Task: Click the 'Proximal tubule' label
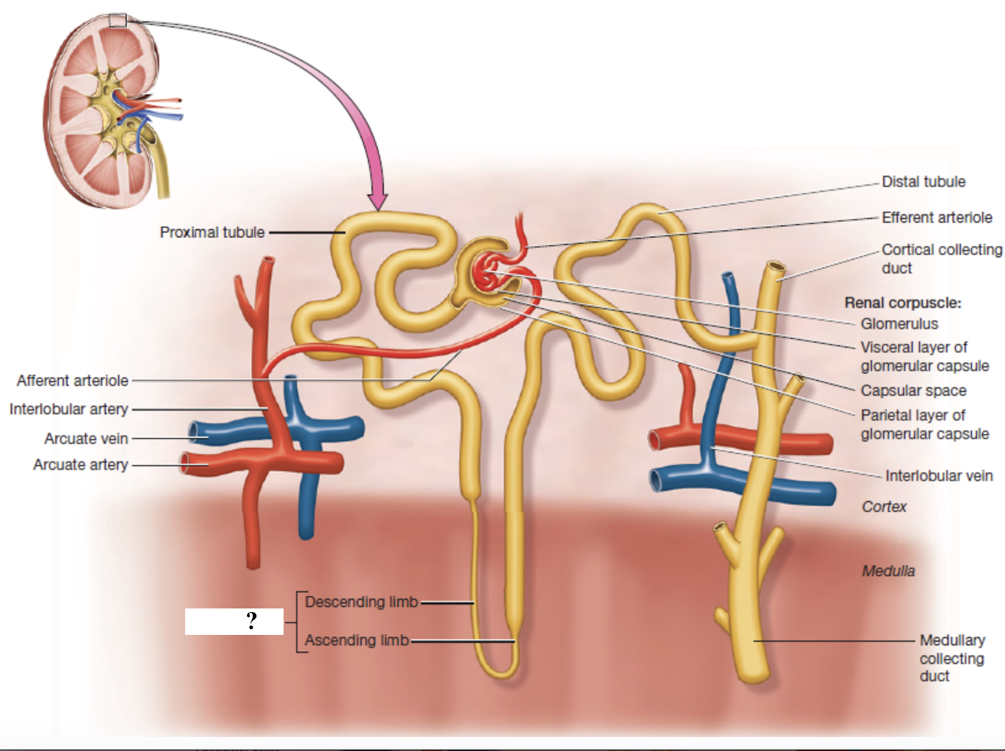(x=212, y=232)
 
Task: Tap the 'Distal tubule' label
(x=923, y=182)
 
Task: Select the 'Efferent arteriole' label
(x=937, y=218)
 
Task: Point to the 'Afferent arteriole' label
(x=72, y=381)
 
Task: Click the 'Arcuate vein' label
(x=86, y=439)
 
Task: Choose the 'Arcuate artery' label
(x=80, y=464)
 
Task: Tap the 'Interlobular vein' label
(x=938, y=476)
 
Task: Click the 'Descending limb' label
(x=361, y=602)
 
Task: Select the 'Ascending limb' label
(x=356, y=640)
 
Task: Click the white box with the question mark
(x=234, y=621)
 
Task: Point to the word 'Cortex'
(x=884, y=506)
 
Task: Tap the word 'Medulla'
(x=888, y=571)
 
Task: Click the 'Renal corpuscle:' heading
(x=902, y=303)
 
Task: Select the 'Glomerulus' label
(x=899, y=323)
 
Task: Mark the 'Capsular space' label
(x=913, y=390)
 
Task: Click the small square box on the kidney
(x=118, y=20)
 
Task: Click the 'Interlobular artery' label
(x=68, y=409)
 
